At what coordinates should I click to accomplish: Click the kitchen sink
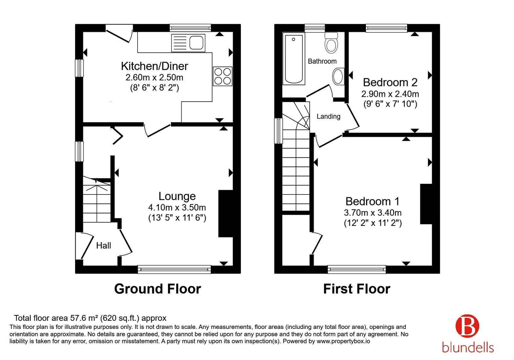(188, 43)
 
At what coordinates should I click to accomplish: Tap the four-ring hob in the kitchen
(222, 76)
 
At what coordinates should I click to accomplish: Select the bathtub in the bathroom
(294, 59)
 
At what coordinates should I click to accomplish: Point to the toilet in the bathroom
(331, 43)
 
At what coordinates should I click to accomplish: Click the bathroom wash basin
(338, 76)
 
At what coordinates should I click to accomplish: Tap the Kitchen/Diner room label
(155, 66)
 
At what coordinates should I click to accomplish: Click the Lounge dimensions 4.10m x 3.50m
(177, 207)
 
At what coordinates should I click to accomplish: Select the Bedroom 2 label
(390, 82)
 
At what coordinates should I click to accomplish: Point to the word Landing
(328, 116)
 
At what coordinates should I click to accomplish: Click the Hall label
(103, 246)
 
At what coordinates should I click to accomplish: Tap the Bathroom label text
(322, 61)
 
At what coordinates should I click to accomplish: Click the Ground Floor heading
(158, 289)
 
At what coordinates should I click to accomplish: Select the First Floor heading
(357, 289)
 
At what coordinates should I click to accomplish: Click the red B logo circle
(467, 326)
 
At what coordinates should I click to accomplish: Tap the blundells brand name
(468, 347)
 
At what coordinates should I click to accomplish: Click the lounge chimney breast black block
(226, 213)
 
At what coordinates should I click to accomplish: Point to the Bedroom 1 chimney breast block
(426, 204)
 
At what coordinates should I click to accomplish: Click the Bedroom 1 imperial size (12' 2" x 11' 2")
(373, 223)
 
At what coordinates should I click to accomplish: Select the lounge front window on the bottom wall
(174, 269)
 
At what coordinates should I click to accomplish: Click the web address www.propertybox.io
(343, 341)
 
